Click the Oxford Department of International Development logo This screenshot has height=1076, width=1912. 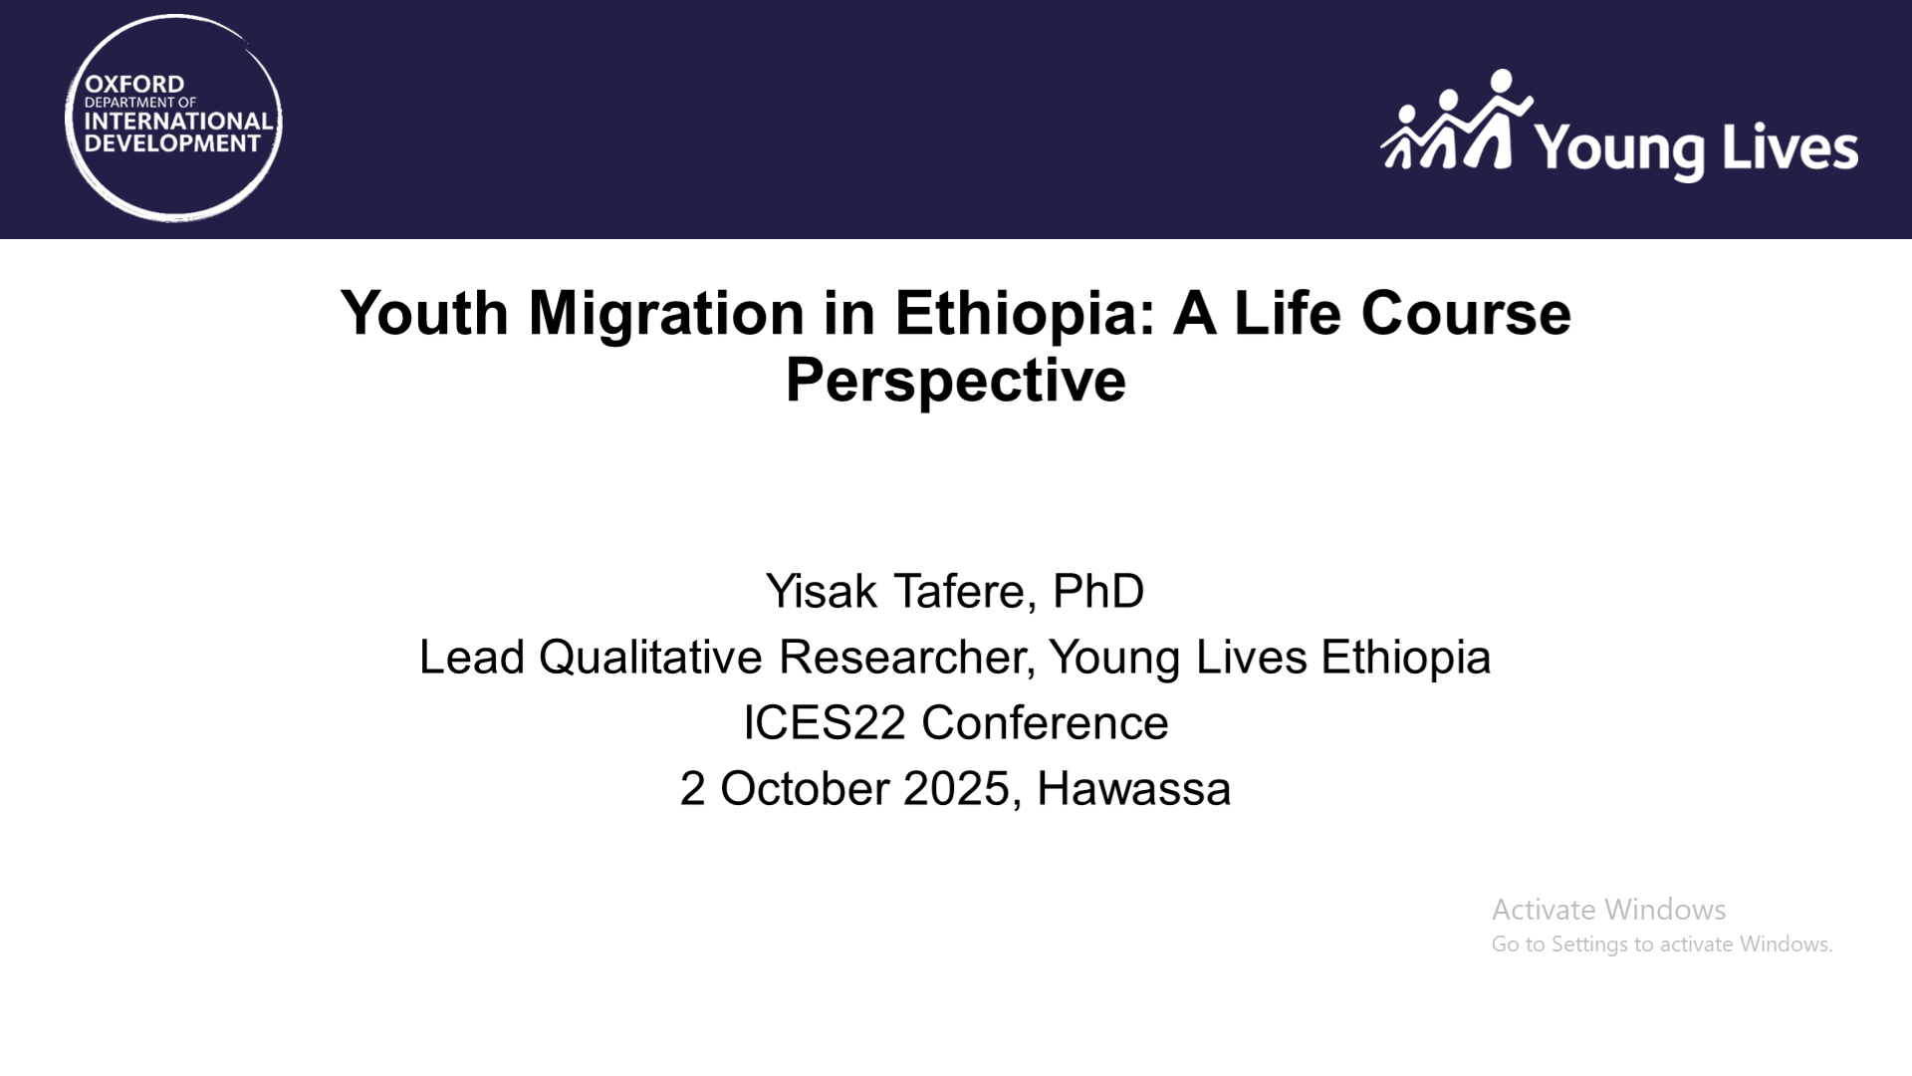[x=173, y=118]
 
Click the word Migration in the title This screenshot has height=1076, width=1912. [x=666, y=313]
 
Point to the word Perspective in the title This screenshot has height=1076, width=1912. [x=956, y=380]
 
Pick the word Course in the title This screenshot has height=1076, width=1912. [x=1466, y=313]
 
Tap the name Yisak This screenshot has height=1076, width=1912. [x=822, y=591]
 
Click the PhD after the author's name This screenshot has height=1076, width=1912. [x=1098, y=591]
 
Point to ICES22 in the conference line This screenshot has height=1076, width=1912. [x=825, y=722]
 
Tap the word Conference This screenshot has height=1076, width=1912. [x=1045, y=722]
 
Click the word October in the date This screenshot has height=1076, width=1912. [x=805, y=788]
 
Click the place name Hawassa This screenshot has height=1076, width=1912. [x=1133, y=788]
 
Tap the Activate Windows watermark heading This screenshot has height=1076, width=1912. [x=1608, y=909]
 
